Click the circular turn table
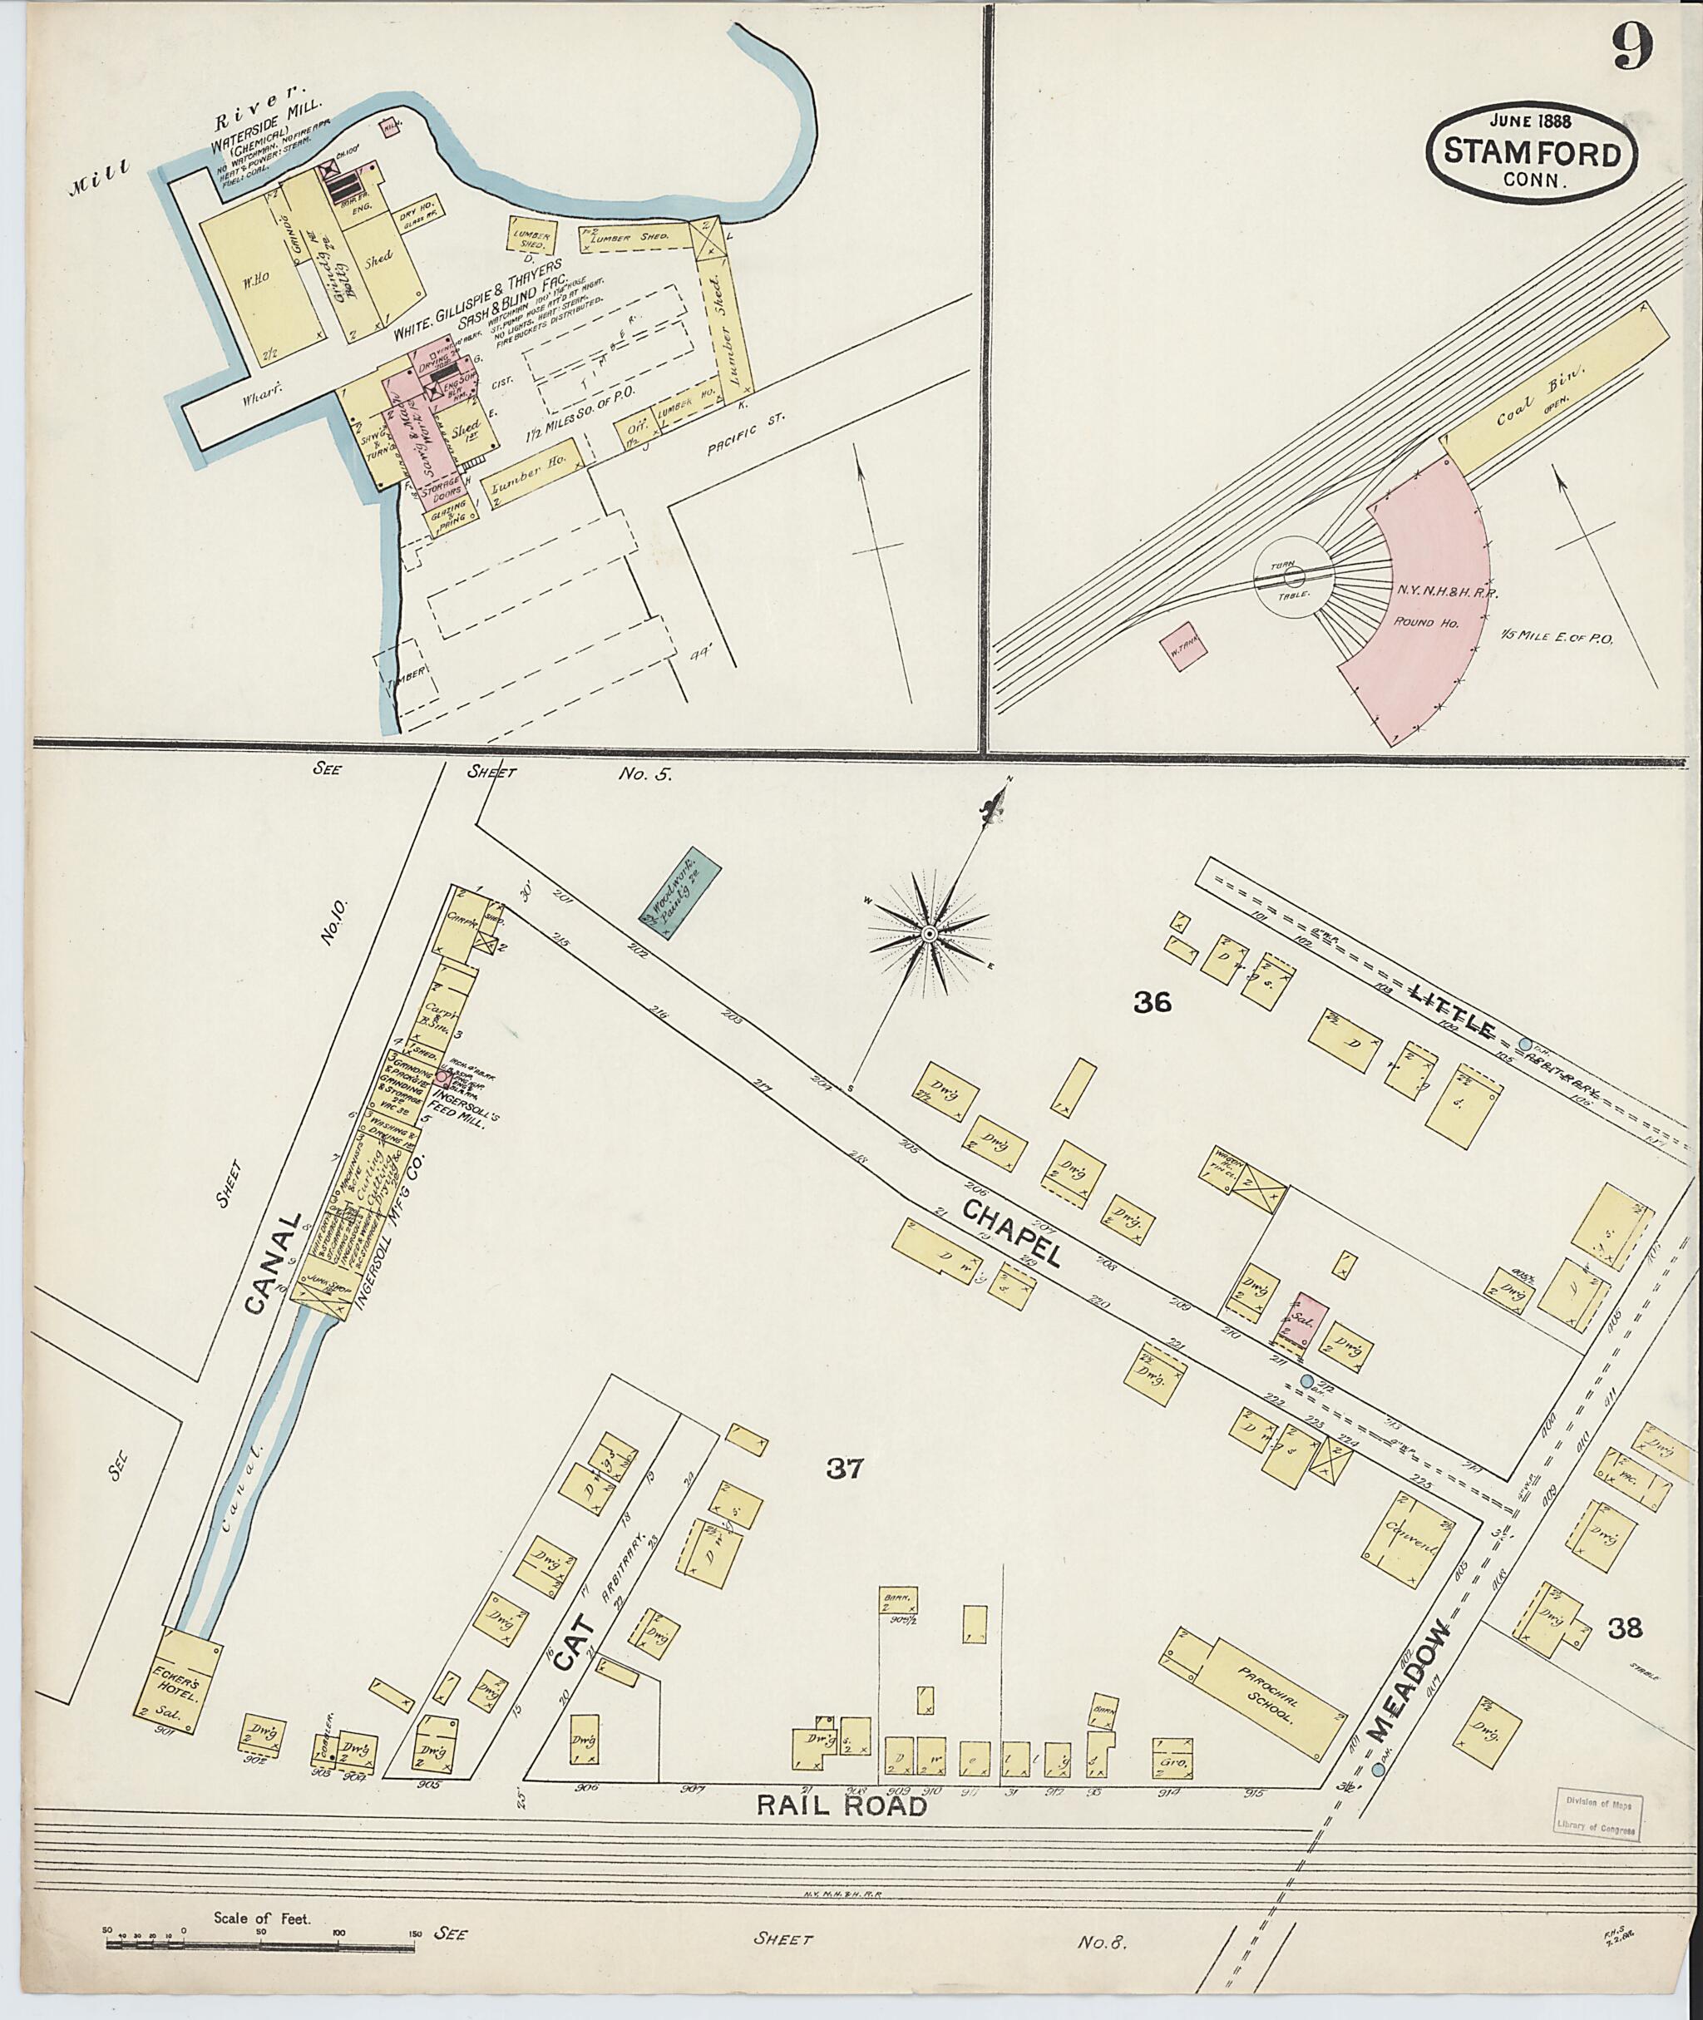pyautogui.click(x=1294, y=577)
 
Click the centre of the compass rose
pyautogui.click(x=928, y=933)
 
